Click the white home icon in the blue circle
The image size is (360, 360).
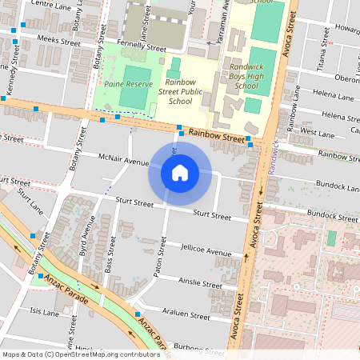click(180, 172)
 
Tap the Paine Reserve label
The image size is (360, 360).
click(124, 82)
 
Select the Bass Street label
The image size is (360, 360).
click(110, 261)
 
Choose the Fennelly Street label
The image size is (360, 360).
click(141, 48)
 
